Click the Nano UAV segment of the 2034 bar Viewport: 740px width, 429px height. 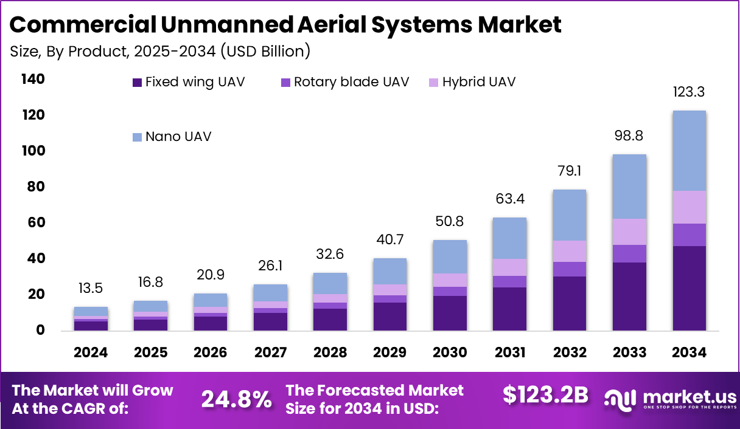[x=689, y=151]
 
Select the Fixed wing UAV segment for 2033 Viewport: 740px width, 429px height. [x=629, y=297]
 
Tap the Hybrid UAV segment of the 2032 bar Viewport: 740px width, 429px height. [x=570, y=251]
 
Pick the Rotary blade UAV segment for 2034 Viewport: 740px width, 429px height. [x=689, y=235]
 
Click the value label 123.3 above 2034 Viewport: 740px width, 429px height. [x=689, y=93]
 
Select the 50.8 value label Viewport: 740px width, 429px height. [x=450, y=222]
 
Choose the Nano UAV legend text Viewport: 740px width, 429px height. [x=178, y=136]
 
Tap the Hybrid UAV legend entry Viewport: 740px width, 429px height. [x=478, y=82]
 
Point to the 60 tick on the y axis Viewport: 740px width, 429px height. [x=36, y=223]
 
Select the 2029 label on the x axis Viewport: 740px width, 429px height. [x=390, y=352]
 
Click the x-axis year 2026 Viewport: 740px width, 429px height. [x=211, y=352]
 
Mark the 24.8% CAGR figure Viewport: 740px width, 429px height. [x=236, y=399]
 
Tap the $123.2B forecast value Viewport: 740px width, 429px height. [x=545, y=395]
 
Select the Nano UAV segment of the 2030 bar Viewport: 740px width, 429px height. [x=450, y=256]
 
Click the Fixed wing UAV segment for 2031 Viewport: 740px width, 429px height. [x=509, y=309]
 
